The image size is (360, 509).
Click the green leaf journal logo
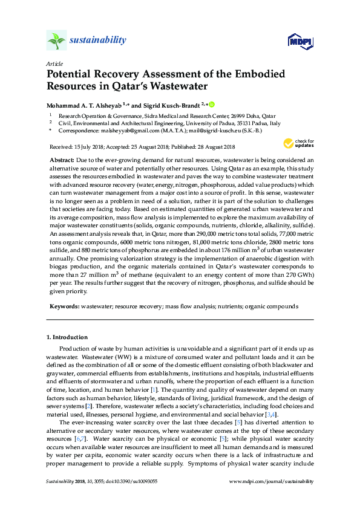[x=56, y=41]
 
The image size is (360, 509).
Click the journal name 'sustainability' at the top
[x=99, y=41]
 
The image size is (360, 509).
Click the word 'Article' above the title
[x=54, y=63]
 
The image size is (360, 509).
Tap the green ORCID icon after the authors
[x=212, y=104]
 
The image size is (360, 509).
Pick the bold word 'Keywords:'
[x=64, y=306]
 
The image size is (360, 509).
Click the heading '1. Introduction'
[x=67, y=337]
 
